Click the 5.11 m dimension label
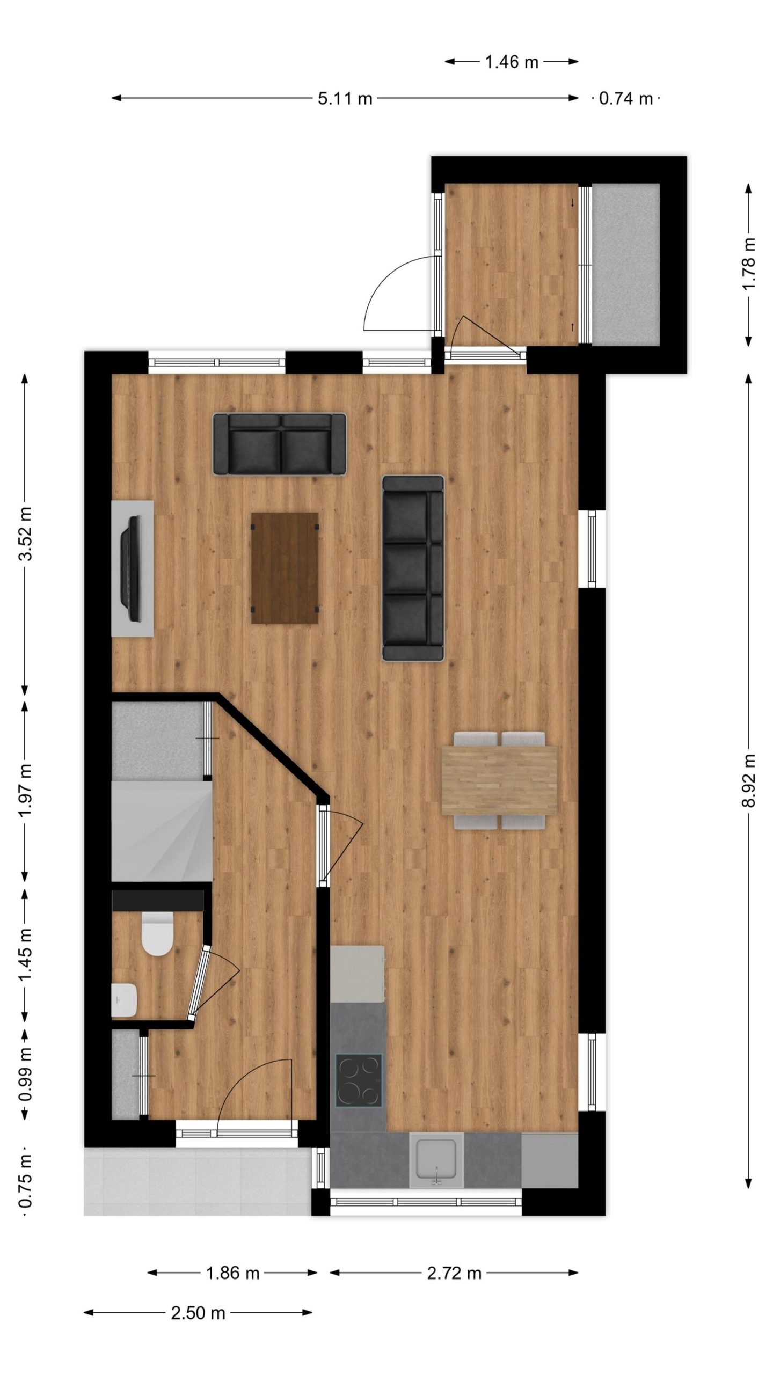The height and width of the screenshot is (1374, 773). [x=345, y=99]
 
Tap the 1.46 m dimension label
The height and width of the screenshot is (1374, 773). [x=512, y=62]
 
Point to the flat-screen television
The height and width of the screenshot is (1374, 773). [x=132, y=568]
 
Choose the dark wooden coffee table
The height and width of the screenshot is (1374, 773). [x=285, y=568]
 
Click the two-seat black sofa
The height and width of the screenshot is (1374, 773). [x=280, y=444]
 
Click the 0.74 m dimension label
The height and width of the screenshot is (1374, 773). [x=626, y=99]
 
